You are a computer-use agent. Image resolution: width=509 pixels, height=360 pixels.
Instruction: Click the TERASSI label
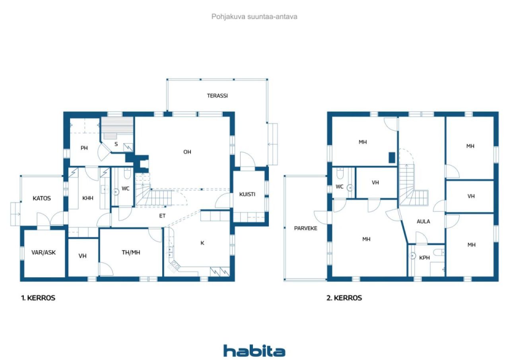pos(217,96)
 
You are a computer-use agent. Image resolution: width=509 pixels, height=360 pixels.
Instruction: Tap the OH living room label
pos(187,152)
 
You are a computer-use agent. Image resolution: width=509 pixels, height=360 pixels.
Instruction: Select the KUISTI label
pos(247,194)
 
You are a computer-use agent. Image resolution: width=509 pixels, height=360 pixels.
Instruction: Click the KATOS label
pos(42,198)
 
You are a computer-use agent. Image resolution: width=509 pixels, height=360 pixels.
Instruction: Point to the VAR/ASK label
pos(43,253)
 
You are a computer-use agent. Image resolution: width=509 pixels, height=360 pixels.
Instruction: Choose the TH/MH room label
pos(131,253)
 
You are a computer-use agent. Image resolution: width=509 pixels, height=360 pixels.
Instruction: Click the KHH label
pos(88,198)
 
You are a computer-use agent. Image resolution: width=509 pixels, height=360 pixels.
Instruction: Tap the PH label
pos(84,148)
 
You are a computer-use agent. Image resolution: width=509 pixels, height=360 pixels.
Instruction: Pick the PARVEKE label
pos(306,228)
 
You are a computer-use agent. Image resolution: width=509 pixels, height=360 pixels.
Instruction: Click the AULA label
pos(424,221)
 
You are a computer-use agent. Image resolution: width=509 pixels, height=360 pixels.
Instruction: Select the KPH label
pos(424,258)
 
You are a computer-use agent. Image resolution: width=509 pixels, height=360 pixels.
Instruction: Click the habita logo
pos(254,350)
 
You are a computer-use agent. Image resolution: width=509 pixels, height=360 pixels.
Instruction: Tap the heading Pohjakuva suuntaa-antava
pos(254,17)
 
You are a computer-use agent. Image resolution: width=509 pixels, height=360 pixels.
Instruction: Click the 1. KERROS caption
pos(38,298)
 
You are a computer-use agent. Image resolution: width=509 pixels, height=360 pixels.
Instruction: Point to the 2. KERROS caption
pos(344,298)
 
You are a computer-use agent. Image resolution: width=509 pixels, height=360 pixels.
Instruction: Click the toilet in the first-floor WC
pos(127,173)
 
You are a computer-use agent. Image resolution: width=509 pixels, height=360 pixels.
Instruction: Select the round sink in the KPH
pos(412,256)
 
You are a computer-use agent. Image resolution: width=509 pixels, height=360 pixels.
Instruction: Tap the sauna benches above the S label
pos(117,128)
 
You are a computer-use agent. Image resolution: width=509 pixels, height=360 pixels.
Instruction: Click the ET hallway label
pos(162,216)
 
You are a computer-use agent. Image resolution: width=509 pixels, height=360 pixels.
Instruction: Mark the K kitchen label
pos(202,243)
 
